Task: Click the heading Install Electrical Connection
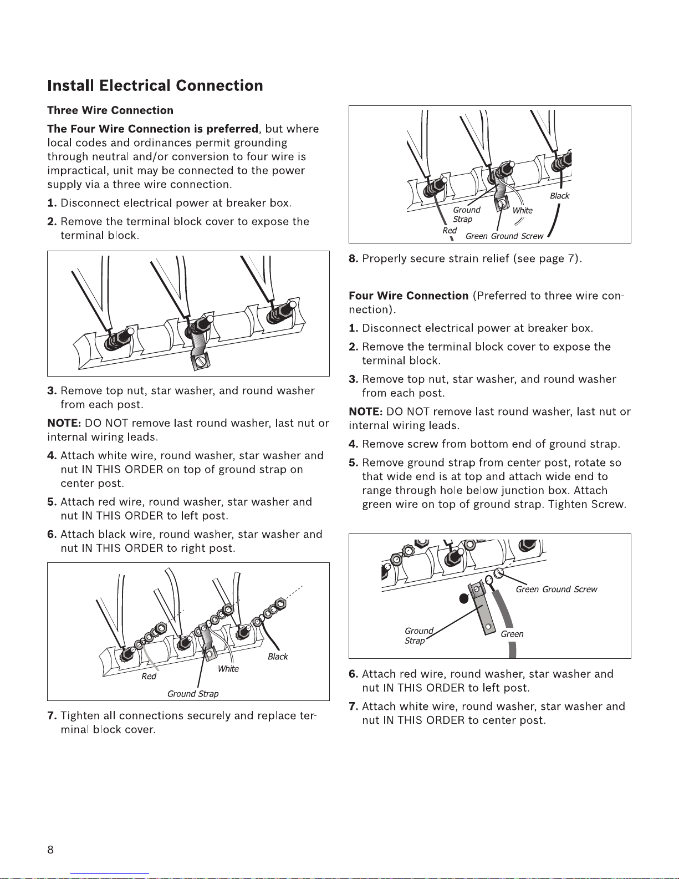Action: tap(155, 85)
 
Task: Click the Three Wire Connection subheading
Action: tap(110, 110)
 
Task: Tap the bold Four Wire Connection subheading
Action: tap(409, 296)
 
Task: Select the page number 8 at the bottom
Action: tap(50, 850)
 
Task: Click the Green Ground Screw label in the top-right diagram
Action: tap(504, 236)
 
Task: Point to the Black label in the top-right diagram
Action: tap(559, 196)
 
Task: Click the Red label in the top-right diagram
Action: tap(450, 230)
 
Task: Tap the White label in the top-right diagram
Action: tap(522, 210)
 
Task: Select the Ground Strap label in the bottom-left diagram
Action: tap(193, 694)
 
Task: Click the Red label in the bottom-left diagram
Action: tap(149, 676)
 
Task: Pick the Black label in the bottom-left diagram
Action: tap(278, 657)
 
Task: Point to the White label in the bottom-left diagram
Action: tap(228, 669)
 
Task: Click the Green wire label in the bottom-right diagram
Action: tap(512, 634)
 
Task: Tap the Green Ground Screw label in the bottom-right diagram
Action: tap(557, 590)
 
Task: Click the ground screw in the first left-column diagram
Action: tap(200, 362)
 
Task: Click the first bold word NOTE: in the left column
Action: tap(64, 423)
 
